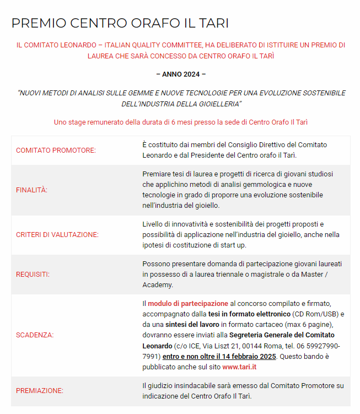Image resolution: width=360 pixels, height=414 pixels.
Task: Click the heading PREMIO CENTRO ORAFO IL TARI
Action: tap(120, 23)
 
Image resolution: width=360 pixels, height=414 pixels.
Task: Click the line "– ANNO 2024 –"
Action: tap(180, 74)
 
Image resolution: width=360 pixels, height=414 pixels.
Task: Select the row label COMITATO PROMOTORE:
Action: tap(56, 150)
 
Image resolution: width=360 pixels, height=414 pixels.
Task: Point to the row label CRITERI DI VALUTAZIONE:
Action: tap(57, 234)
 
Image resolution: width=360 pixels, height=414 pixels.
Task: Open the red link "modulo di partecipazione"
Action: tap(188, 304)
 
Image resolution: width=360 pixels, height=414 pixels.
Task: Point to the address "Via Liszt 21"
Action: tap(223, 346)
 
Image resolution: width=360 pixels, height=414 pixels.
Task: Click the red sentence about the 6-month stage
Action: tap(180, 122)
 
